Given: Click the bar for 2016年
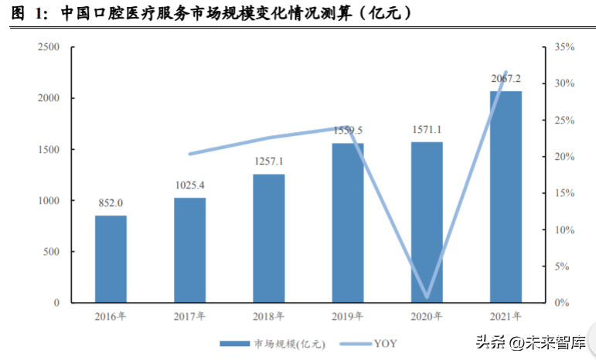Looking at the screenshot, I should pyautogui.click(x=111, y=259).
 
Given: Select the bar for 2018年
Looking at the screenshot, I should pyautogui.click(x=269, y=238).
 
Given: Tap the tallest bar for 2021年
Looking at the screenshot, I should pyautogui.click(x=506, y=197).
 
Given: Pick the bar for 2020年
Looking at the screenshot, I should pyautogui.click(x=427, y=222).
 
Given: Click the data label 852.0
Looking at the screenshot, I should pyautogui.click(x=111, y=203).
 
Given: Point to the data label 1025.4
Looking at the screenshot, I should pyautogui.click(x=190, y=185).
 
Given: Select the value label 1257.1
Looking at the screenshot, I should pyautogui.click(x=269, y=162).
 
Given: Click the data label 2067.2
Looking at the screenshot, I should pyautogui.click(x=506, y=79).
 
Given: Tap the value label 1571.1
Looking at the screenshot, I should pyautogui.click(x=427, y=130).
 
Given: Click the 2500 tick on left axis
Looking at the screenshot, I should pyautogui.click(x=49, y=47).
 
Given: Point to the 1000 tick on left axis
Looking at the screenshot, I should pyautogui.click(x=49, y=201).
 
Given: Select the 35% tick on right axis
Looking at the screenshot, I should pyautogui.click(x=565, y=47).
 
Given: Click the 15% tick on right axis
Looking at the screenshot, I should pyautogui.click(x=565, y=193).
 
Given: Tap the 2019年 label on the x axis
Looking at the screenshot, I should pyautogui.click(x=347, y=317).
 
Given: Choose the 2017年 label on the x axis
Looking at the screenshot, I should pyautogui.click(x=190, y=317).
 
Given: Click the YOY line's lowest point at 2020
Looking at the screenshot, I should pyautogui.click(x=427, y=297).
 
